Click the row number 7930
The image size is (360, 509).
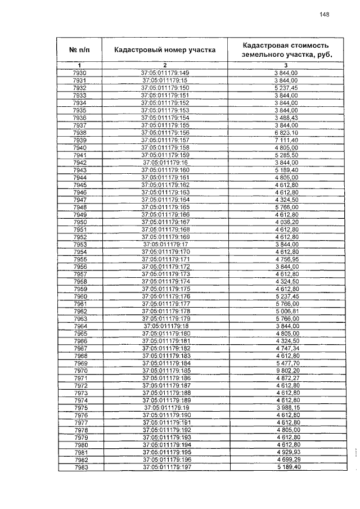tap(80, 73)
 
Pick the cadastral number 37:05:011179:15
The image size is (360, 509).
tap(165, 80)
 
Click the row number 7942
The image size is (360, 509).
tap(80, 162)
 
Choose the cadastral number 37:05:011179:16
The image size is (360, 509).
tap(165, 162)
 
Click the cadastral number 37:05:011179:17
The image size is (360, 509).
tap(165, 244)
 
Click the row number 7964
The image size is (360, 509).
tap(80, 326)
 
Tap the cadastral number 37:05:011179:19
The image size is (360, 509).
tap(165, 407)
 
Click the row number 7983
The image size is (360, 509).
tap(80, 467)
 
